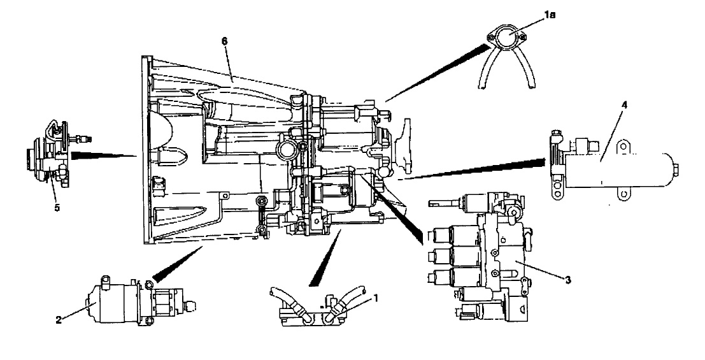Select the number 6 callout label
pos(224,41)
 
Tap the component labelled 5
pos(48,162)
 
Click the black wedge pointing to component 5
pos(101,154)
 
